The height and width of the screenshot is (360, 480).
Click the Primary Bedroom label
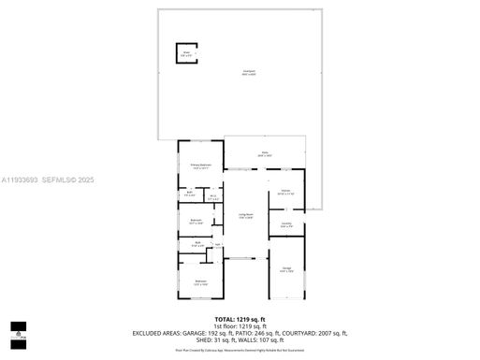coord(201,166)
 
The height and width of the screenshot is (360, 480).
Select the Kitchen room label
coord(285,193)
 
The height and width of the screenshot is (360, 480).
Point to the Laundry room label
coord(285,223)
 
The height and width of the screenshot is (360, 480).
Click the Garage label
coord(286,269)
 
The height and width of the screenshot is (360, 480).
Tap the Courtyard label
coord(248,72)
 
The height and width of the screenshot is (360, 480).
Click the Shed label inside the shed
coord(186,53)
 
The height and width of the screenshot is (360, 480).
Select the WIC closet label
coord(213,196)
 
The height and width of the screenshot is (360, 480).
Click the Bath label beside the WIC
coord(190,194)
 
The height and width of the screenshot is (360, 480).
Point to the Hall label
coord(218,246)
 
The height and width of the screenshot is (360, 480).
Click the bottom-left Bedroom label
coord(200,281)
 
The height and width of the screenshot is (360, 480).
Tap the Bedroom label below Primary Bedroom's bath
coord(196,222)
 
